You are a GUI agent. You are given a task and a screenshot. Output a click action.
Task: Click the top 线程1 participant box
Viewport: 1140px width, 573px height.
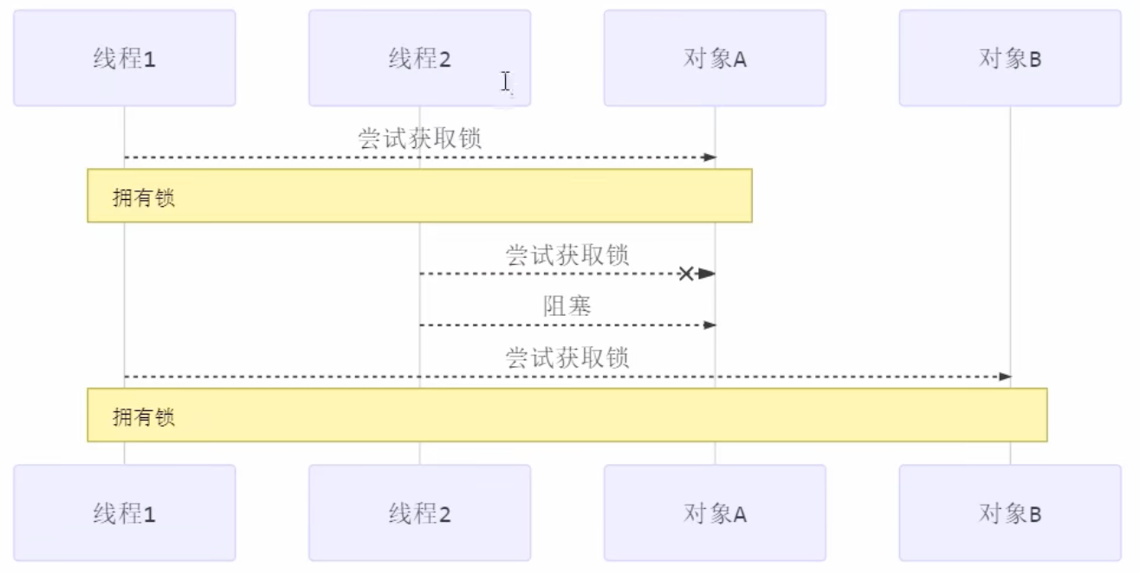point(124,58)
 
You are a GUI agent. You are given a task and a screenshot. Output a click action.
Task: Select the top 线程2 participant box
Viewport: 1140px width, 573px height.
point(419,58)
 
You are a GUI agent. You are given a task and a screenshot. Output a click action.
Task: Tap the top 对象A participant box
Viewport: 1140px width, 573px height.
point(715,58)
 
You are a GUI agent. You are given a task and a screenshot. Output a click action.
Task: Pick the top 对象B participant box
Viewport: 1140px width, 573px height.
point(1010,58)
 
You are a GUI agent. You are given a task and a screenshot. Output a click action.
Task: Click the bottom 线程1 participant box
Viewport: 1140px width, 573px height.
point(124,513)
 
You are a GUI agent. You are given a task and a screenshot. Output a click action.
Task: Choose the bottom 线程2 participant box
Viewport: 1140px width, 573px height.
point(419,513)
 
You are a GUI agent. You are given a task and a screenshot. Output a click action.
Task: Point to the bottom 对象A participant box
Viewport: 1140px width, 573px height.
point(715,513)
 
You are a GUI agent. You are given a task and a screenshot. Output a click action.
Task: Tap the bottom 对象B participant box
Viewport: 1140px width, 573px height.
point(1010,513)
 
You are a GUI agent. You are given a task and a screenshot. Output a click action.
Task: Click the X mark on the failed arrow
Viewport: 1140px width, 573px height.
point(686,274)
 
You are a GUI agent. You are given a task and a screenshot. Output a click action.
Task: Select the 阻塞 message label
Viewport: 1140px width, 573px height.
point(567,306)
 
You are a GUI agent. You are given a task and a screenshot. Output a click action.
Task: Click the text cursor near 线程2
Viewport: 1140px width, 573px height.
point(505,81)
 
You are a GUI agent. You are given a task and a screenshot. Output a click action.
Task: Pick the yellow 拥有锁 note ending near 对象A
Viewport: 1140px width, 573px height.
point(419,196)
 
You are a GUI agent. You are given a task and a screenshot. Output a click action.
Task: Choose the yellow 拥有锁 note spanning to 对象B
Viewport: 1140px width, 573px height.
point(567,415)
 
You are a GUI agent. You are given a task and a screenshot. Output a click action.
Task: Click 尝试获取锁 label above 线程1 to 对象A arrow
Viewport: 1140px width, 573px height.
point(419,138)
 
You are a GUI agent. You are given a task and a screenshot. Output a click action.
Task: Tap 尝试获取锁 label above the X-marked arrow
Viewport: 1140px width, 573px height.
point(567,254)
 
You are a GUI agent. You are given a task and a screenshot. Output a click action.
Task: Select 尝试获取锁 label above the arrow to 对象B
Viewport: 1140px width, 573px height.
point(567,357)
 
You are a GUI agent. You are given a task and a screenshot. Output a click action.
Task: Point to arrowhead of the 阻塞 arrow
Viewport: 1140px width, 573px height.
point(710,325)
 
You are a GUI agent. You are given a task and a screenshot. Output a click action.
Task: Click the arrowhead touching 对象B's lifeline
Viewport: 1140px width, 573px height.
point(1005,377)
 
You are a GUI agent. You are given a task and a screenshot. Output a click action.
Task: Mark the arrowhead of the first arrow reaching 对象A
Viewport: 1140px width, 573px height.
point(710,157)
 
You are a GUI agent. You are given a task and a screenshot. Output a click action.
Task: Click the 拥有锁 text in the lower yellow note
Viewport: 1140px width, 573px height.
point(144,416)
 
